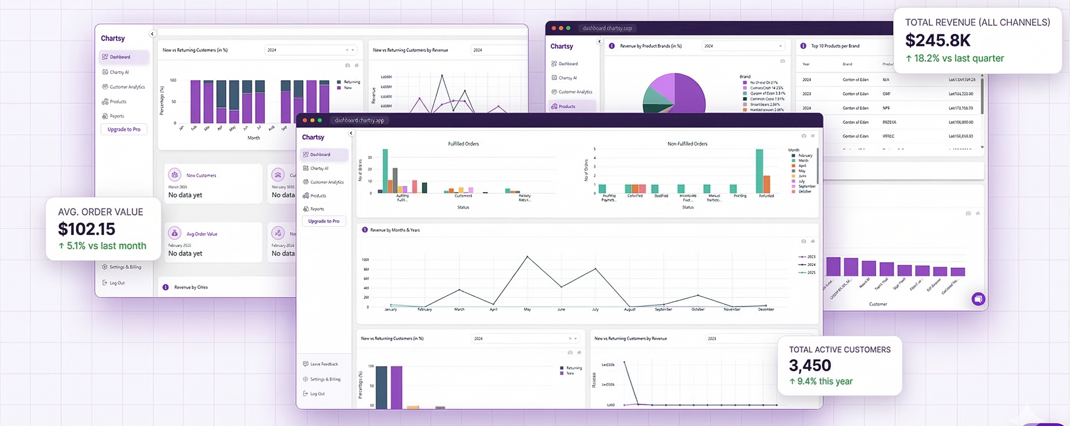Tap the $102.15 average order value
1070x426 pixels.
click(x=86, y=229)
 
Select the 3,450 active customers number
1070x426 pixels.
click(x=810, y=365)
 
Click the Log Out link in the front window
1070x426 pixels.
click(x=317, y=394)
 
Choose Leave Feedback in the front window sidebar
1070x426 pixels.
click(x=324, y=364)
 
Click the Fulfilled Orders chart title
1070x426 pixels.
click(x=463, y=144)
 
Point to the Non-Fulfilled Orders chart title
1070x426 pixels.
click(x=687, y=144)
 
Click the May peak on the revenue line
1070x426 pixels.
click(x=527, y=257)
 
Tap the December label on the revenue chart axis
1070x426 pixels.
click(x=765, y=309)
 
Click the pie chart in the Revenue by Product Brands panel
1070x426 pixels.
click(x=674, y=94)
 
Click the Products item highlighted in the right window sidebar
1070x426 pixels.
click(x=566, y=107)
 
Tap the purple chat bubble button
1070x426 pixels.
click(x=978, y=299)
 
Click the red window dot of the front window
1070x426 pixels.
click(x=305, y=120)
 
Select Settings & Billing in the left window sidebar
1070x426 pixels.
click(x=125, y=267)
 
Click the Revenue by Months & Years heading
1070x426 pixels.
click(x=395, y=230)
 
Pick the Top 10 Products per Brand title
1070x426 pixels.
click(x=835, y=46)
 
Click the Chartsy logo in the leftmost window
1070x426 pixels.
click(x=113, y=38)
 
